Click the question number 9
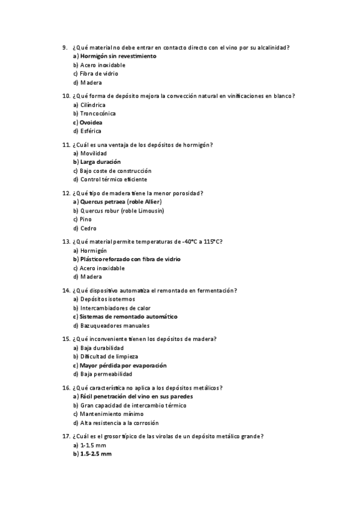(64, 47)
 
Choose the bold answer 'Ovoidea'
(91, 122)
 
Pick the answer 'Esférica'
(90, 131)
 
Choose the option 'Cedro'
(88, 229)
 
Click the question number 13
(66, 241)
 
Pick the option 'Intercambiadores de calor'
(111, 308)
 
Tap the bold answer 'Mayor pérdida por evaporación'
(123, 365)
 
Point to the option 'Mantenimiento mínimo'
(109, 414)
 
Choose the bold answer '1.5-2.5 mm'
(95, 454)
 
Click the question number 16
(66, 388)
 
